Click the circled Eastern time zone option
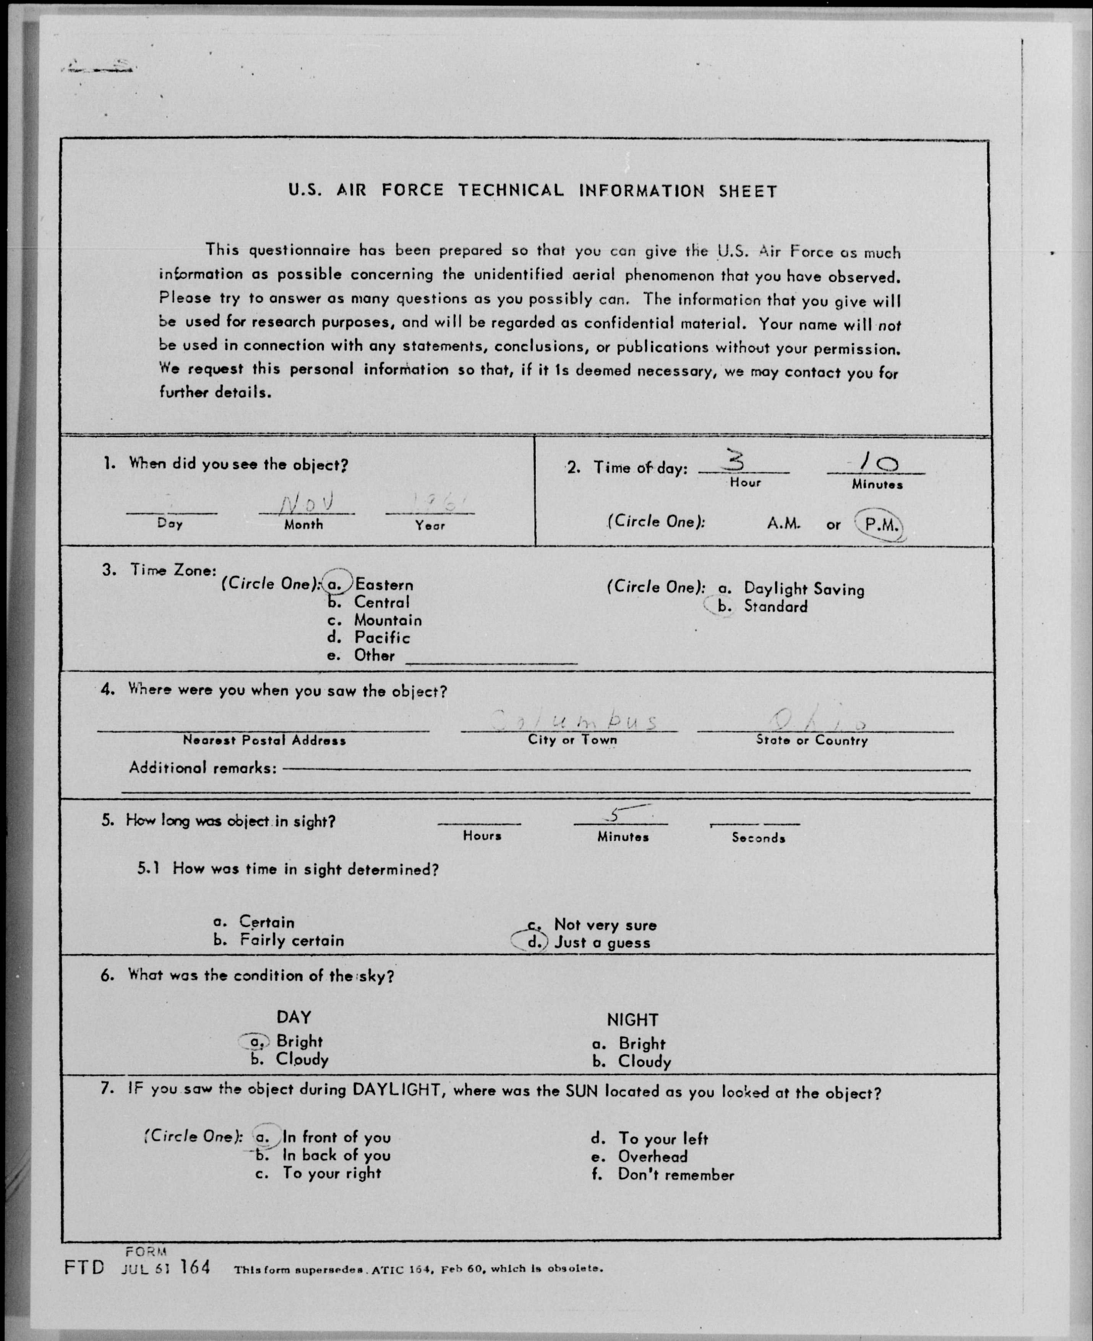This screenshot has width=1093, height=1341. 383,585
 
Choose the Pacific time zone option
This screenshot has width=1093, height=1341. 381,638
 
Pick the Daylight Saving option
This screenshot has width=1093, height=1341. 803,589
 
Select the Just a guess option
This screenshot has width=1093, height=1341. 601,943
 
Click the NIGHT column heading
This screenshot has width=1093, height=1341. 632,1020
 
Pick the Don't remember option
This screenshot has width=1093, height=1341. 676,1175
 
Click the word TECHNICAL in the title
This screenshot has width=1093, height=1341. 511,190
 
